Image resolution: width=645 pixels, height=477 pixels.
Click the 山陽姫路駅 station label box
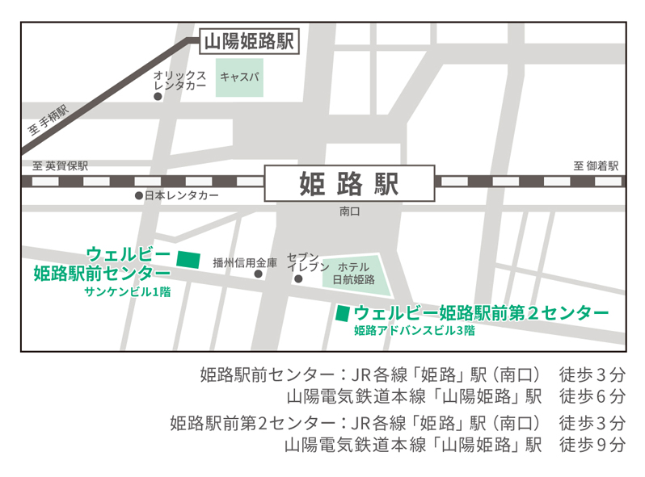(248, 41)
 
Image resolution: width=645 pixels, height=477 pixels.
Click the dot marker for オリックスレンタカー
(158, 97)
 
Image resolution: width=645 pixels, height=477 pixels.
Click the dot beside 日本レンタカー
(138, 196)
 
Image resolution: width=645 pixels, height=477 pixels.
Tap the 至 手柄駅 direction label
(48, 120)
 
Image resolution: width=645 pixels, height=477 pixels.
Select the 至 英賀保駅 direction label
(61, 165)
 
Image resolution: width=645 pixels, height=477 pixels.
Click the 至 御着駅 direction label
(596, 165)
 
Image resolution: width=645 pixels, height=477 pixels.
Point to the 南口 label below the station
(349, 211)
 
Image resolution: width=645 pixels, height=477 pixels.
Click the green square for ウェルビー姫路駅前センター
(188, 259)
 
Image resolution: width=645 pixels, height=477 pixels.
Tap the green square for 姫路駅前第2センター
(343, 312)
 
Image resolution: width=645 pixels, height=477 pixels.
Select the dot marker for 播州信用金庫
(259, 274)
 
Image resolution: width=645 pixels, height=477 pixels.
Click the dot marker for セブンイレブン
(297, 279)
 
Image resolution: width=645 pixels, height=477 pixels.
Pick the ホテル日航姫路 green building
(356, 274)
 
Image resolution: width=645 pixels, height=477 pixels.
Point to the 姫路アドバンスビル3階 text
(414, 330)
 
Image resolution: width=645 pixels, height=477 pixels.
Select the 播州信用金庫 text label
(245, 262)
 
